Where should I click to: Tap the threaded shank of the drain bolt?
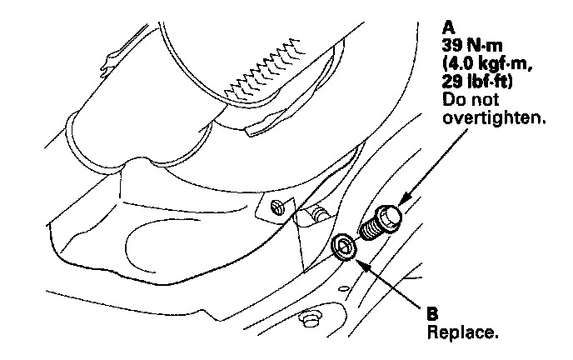368,227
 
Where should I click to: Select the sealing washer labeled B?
344,247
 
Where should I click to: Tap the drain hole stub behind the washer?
319,216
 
